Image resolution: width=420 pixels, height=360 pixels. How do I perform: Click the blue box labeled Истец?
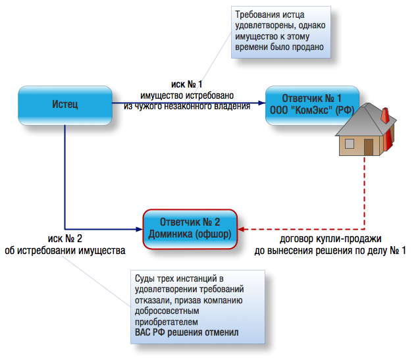coord(65,103)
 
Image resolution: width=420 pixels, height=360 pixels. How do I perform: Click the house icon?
coord(365,129)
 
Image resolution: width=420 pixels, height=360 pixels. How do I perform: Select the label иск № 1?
coord(187,85)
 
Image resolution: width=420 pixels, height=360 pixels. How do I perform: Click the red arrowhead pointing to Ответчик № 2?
coord(242,228)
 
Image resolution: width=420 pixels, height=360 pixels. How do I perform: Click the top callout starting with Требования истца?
coord(281,31)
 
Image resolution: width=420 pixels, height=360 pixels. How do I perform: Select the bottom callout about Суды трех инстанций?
coord(196,305)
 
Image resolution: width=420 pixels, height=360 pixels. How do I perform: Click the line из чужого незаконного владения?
coord(187,105)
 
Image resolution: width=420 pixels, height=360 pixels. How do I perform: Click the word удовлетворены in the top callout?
coord(263,26)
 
